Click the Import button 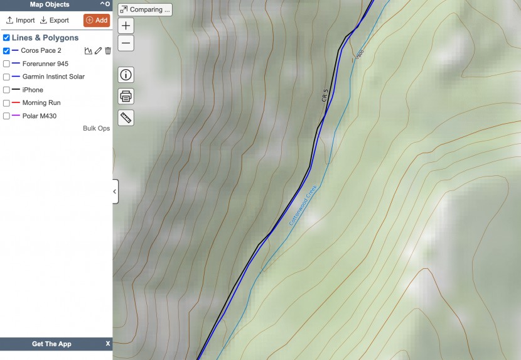(x=20, y=20)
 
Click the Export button (x=54, y=20)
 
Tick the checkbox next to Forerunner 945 (x=6, y=63)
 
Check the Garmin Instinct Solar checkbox (x=6, y=77)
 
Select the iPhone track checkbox (x=6, y=90)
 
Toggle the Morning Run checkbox (x=6, y=103)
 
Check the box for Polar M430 (x=6, y=116)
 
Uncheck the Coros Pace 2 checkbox (x=6, y=51)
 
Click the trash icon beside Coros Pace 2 (x=108, y=51)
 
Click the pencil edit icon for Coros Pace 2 (x=98, y=51)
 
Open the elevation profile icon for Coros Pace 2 (x=88, y=51)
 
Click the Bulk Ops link (x=96, y=128)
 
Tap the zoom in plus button (x=126, y=26)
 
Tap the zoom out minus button (x=126, y=43)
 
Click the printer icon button (x=126, y=96)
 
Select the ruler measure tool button (x=126, y=117)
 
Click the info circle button (x=126, y=75)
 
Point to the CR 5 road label (x=325, y=95)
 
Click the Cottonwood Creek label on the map (x=304, y=205)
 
